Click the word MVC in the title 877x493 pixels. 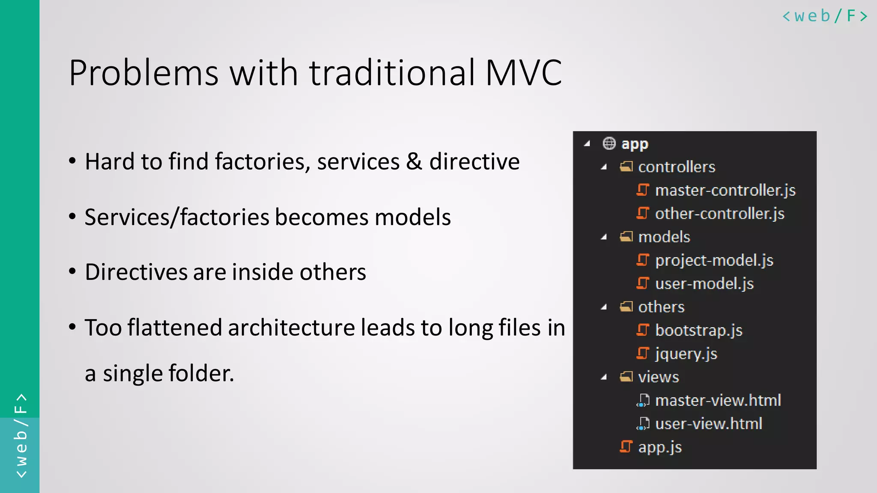tap(523, 73)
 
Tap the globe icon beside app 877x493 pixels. tap(609, 143)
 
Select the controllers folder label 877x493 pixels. tap(677, 167)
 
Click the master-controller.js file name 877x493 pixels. tap(725, 190)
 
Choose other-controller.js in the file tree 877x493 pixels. tap(719, 214)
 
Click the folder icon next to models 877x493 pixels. tap(626, 237)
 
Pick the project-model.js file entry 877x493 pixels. tap(714, 260)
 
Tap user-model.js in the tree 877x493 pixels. tap(704, 284)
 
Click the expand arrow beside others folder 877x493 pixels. tap(604, 307)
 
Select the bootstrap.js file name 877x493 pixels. tap(698, 330)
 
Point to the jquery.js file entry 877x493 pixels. tap(686, 354)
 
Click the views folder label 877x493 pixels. tap(658, 377)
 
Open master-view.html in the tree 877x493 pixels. tap(718, 401)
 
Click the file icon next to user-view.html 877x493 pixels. tap(642, 424)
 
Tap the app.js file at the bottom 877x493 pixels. tap(659, 447)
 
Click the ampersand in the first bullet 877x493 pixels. tap(414, 162)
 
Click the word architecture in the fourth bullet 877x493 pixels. tap(291, 328)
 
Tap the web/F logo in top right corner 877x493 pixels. tap(825, 16)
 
